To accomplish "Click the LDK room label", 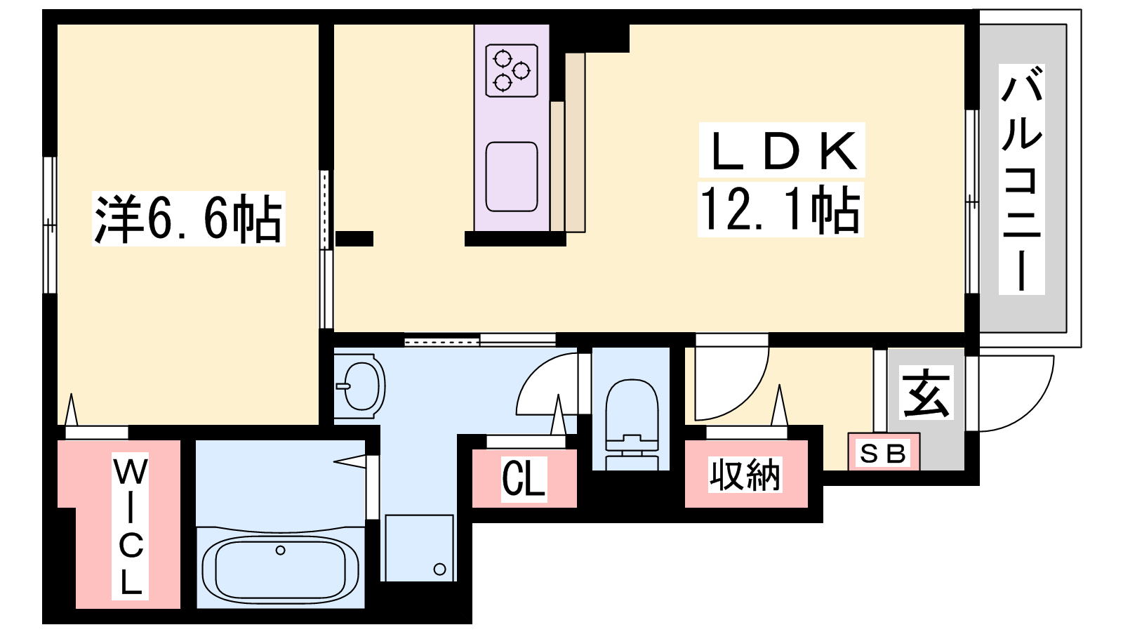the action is coord(782,150).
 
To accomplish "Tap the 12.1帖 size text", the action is coord(780,209).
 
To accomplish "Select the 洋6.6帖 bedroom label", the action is coord(189,218).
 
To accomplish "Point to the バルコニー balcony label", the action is coord(1022,179).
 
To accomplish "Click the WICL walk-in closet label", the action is coord(131,526).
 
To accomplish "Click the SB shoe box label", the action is coord(883,454).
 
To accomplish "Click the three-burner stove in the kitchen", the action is coord(512,70).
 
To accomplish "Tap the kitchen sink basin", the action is coord(512,176).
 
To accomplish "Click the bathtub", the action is coord(280,568).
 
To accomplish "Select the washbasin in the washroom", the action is coord(361,386).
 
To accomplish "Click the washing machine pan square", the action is coord(420,548).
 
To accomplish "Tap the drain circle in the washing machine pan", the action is coord(439,570).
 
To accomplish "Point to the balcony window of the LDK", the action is coord(972,201).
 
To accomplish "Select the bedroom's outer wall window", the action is coord(50,225).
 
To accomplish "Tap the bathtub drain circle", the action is coord(280,551).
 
